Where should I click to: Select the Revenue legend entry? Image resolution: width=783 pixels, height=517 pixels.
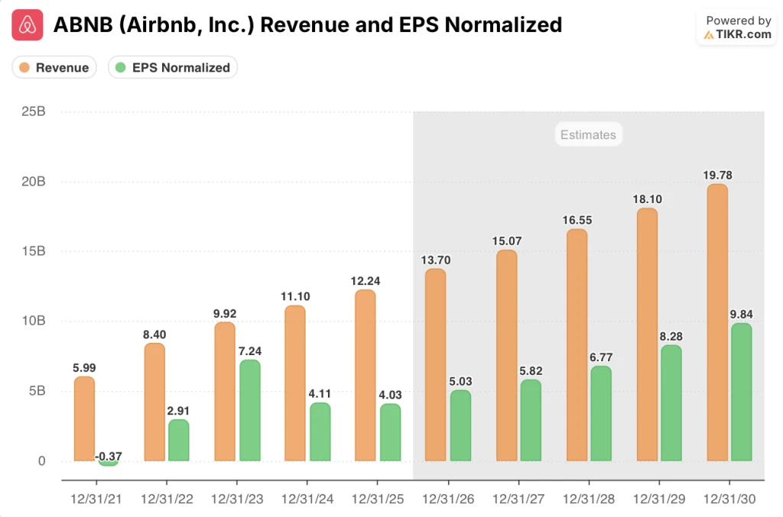[54, 67]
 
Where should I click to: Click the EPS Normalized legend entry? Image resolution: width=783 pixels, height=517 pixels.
[173, 67]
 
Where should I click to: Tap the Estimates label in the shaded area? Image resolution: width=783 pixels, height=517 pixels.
[587, 134]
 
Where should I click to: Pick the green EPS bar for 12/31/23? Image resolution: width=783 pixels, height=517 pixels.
[249, 410]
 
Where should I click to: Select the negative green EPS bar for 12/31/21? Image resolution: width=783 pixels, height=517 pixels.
[109, 463]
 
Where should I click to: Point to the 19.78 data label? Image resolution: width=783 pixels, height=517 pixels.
[717, 175]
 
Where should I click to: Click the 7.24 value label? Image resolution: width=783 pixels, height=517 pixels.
[249, 351]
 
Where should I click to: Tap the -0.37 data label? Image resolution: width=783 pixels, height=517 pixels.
[108, 457]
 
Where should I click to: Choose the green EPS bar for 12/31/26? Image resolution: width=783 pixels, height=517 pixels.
[460, 425]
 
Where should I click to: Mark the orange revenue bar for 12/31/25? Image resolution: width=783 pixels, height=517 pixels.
[366, 375]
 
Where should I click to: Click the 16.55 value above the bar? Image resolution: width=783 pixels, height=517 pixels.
[577, 220]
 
